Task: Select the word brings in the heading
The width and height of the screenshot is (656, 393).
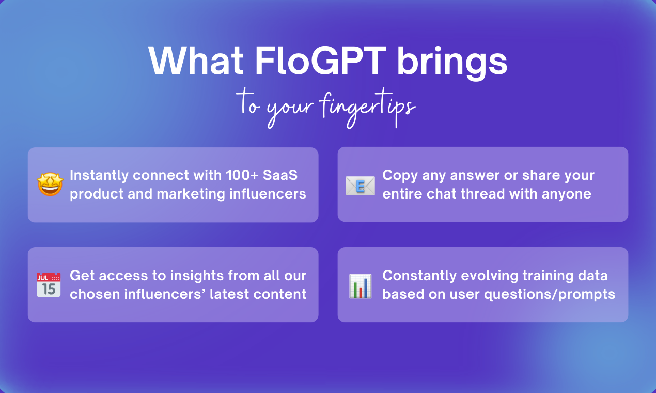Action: pyautogui.click(x=452, y=63)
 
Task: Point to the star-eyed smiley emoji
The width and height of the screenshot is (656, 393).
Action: pyautogui.click(x=50, y=184)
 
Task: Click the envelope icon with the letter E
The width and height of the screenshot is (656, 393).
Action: pyautogui.click(x=360, y=185)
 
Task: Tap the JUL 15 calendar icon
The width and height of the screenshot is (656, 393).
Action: pyautogui.click(x=49, y=285)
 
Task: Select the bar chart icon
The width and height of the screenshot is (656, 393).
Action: pyautogui.click(x=360, y=286)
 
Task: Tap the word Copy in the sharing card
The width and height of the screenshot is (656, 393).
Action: pyautogui.click(x=400, y=176)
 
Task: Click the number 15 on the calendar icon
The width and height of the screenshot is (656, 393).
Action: pyautogui.click(x=49, y=289)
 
